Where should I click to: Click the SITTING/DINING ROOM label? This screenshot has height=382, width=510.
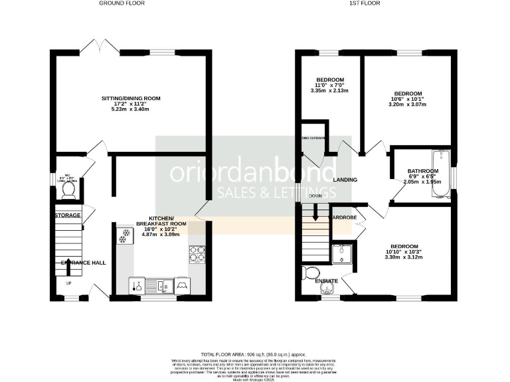(x=131, y=98)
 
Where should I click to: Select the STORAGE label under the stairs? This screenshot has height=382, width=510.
(x=67, y=216)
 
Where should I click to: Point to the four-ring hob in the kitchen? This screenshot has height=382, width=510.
(x=198, y=255)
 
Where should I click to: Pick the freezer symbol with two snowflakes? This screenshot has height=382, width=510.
(x=124, y=235)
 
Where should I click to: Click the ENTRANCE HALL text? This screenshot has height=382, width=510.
(x=84, y=263)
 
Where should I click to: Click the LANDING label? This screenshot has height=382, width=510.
(x=345, y=180)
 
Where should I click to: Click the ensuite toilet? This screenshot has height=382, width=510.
(x=311, y=273)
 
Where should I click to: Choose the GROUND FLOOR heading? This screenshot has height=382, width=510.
(x=122, y=3)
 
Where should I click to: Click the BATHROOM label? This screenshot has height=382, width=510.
(x=423, y=170)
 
